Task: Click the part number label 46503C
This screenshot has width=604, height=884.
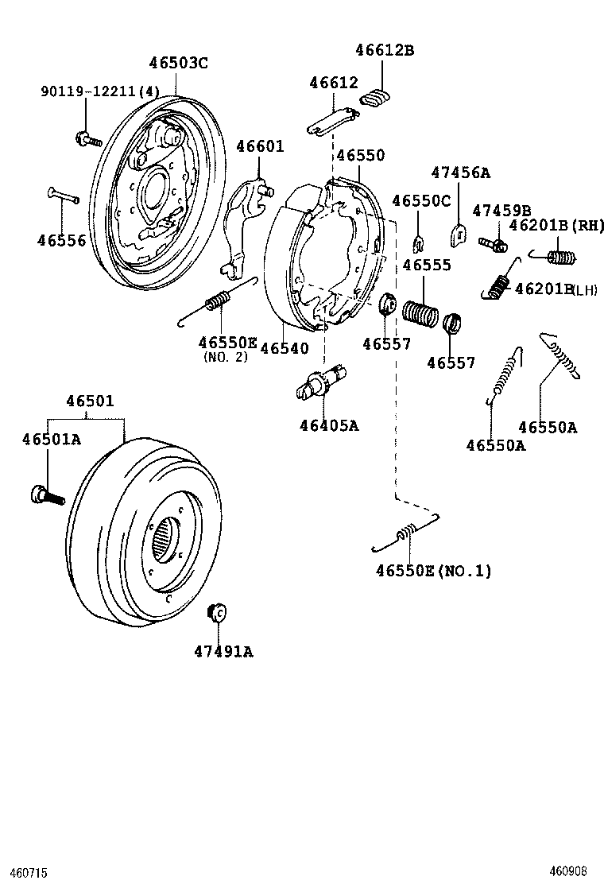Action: [179, 64]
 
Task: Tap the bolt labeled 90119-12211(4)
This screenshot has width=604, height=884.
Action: [87, 139]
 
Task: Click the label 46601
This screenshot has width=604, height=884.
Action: [260, 147]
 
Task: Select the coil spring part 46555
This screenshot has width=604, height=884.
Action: [421, 312]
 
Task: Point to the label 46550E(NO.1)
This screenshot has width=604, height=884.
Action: [434, 570]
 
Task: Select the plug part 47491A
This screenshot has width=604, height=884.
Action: [215, 612]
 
